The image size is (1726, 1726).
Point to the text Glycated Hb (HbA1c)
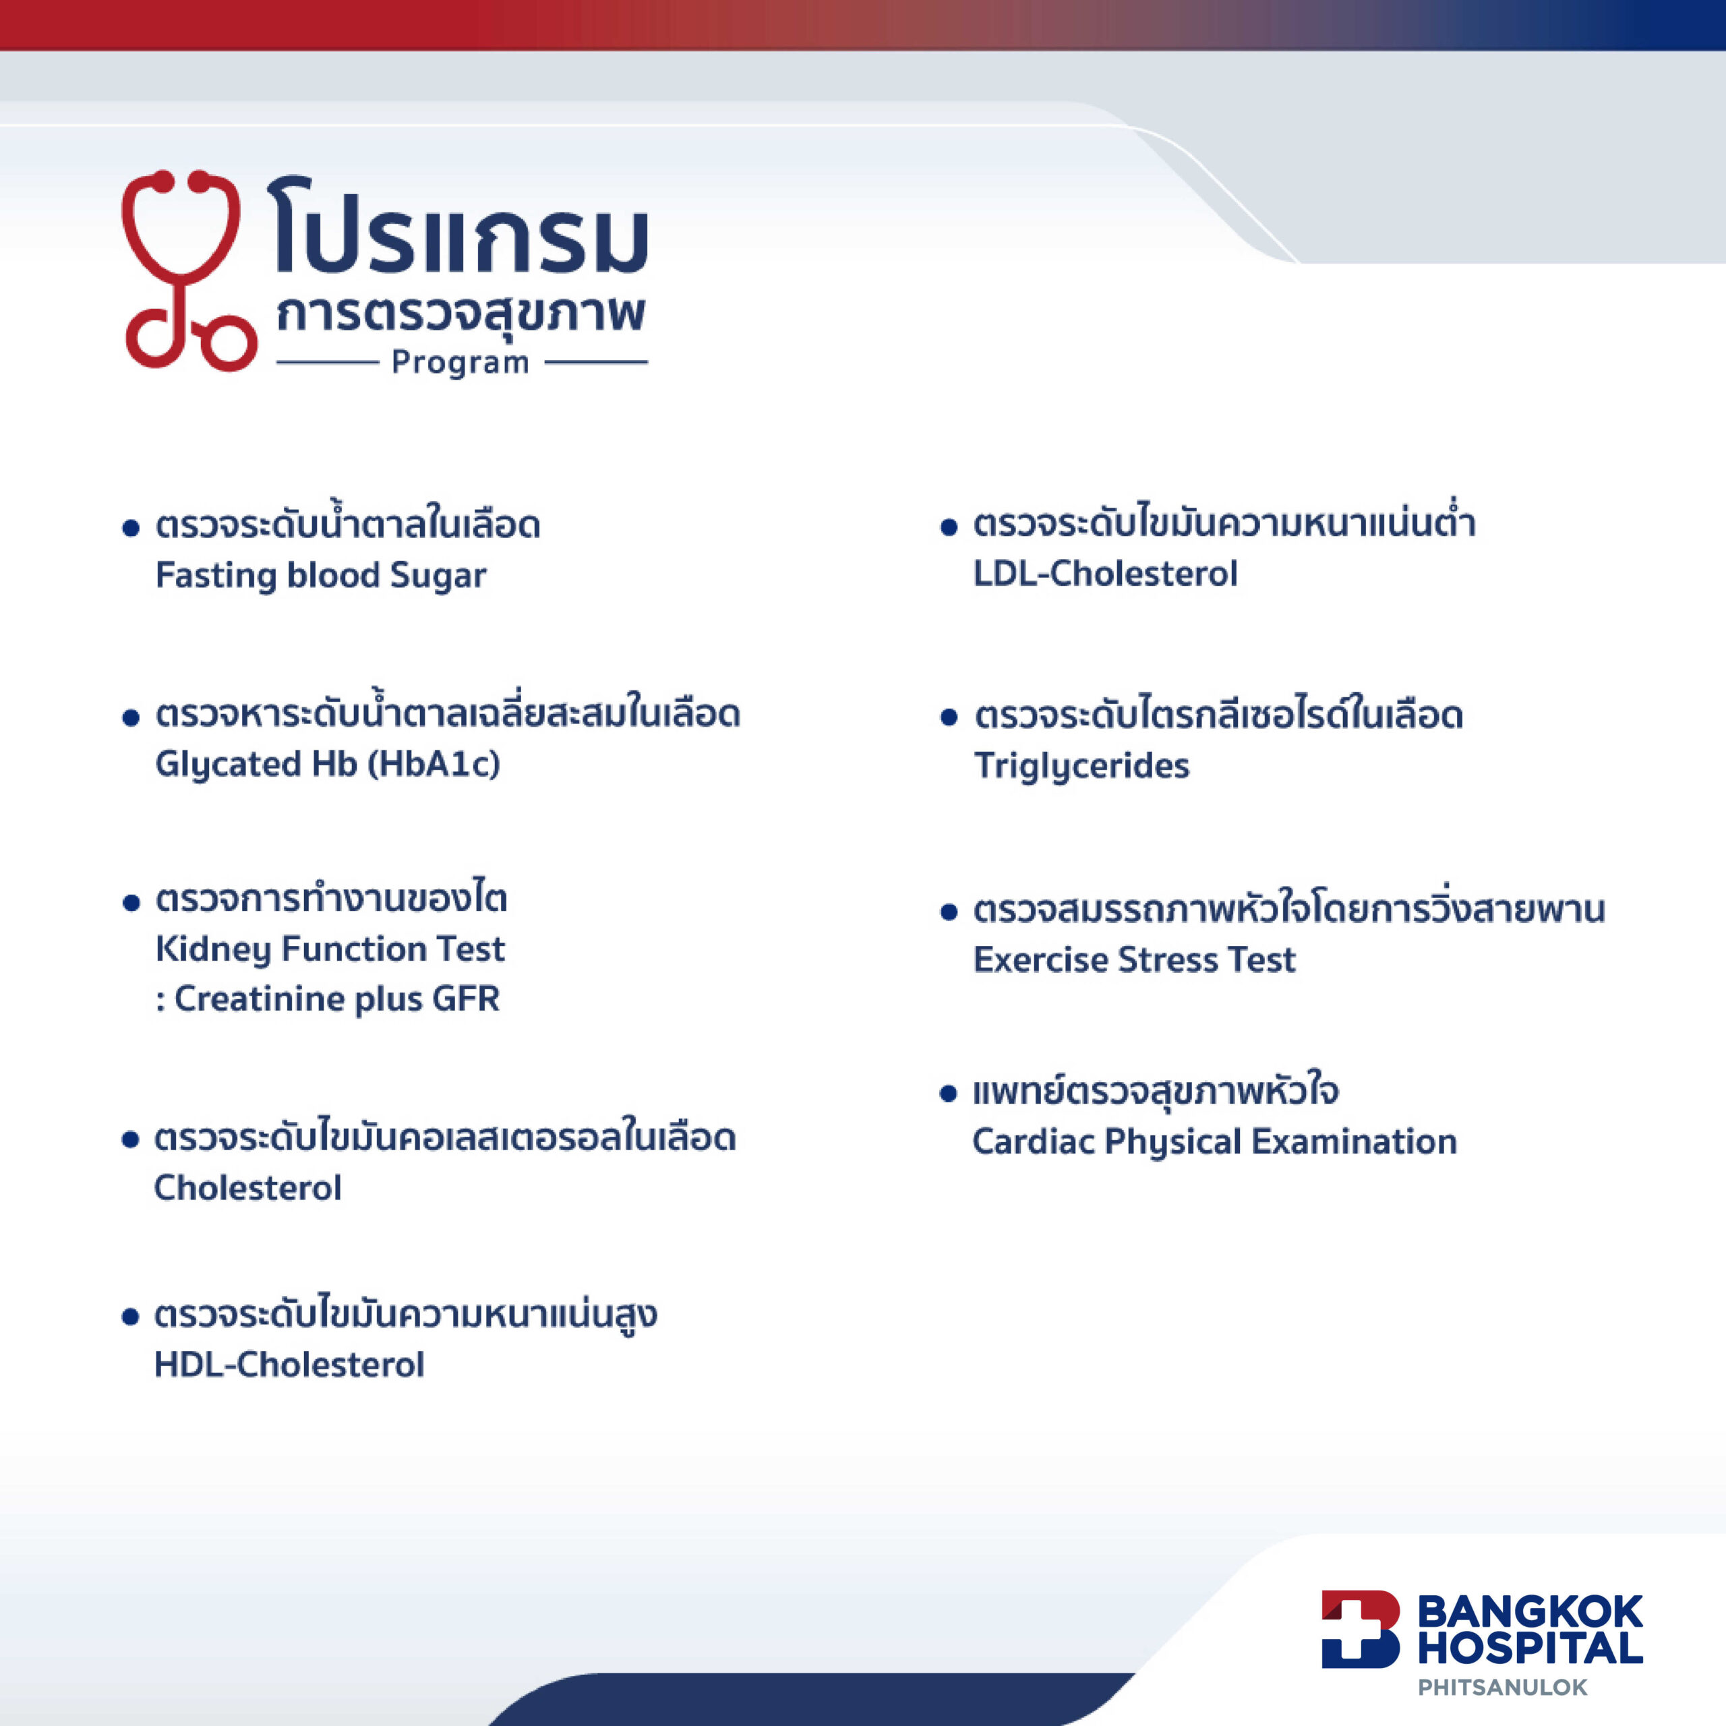click(328, 765)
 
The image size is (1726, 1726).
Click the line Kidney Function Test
click(330, 949)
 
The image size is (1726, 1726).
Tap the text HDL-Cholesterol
click(289, 1365)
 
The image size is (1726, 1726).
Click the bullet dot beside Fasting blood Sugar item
click(131, 528)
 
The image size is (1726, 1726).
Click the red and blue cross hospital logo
click(1361, 1629)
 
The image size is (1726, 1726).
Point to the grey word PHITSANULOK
click(1503, 1688)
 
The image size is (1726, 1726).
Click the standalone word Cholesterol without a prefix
click(248, 1188)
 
